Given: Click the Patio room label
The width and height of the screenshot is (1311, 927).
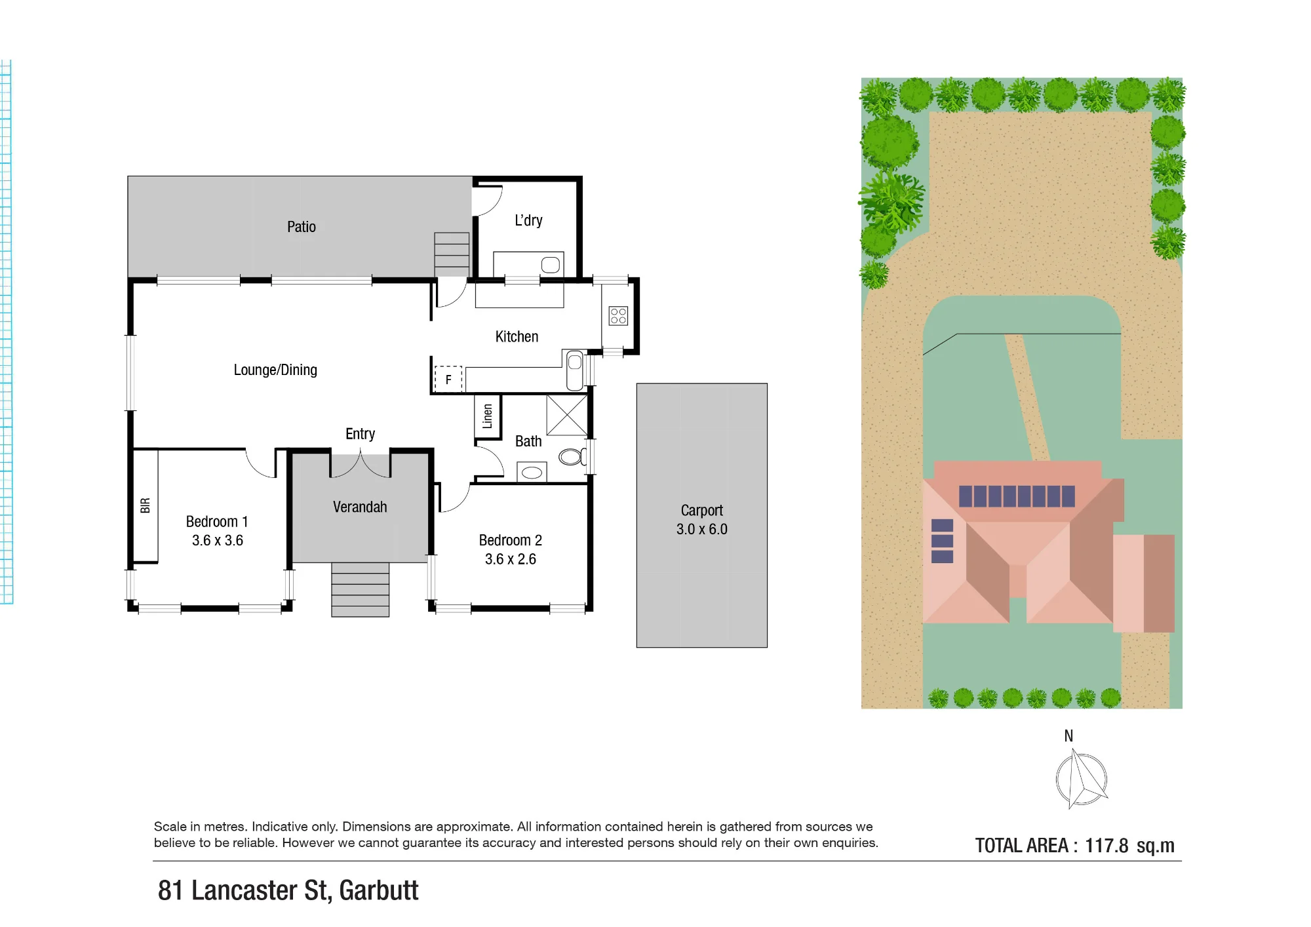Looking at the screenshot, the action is [x=302, y=227].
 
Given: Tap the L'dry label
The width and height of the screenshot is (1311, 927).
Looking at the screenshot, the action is [x=528, y=220].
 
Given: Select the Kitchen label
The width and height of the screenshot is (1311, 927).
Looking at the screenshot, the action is [x=517, y=336].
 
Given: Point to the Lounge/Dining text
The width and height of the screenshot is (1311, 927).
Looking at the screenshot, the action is [x=275, y=370].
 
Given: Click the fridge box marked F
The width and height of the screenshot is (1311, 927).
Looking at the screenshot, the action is [x=448, y=379].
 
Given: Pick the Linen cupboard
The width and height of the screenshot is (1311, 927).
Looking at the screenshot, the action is [x=488, y=416].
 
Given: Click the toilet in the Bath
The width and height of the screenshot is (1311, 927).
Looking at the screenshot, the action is [x=572, y=456].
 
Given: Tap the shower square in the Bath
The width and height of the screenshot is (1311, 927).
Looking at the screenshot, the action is [x=567, y=415].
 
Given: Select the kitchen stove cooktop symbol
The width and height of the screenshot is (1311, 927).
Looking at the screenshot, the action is [x=618, y=316].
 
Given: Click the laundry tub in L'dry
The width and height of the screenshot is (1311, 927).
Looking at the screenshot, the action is [x=551, y=265].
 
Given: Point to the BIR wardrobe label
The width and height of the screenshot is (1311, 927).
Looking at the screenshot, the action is [x=146, y=505].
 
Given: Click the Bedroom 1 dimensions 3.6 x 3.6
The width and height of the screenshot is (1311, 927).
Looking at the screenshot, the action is [x=218, y=540].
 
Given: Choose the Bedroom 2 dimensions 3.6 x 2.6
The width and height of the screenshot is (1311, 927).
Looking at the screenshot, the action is [x=511, y=559].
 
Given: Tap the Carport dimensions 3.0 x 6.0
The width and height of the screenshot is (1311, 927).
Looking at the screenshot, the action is [x=702, y=529].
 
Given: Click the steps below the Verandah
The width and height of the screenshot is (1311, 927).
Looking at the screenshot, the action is [x=360, y=589].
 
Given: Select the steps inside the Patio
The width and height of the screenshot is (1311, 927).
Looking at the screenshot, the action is [x=452, y=254].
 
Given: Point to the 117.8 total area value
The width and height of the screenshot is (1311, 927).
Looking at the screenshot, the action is [x=1106, y=846].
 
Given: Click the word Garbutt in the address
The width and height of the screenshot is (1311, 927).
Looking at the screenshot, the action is [x=379, y=890].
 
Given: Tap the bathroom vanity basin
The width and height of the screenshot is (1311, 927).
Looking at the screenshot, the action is [x=532, y=472].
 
